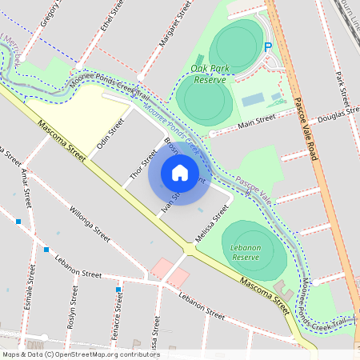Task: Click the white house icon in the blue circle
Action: click(179, 173)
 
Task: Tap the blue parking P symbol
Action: click(269, 47)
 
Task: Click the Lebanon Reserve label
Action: click(246, 253)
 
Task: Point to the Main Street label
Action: click(257, 120)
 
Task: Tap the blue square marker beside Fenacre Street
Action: click(118, 289)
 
